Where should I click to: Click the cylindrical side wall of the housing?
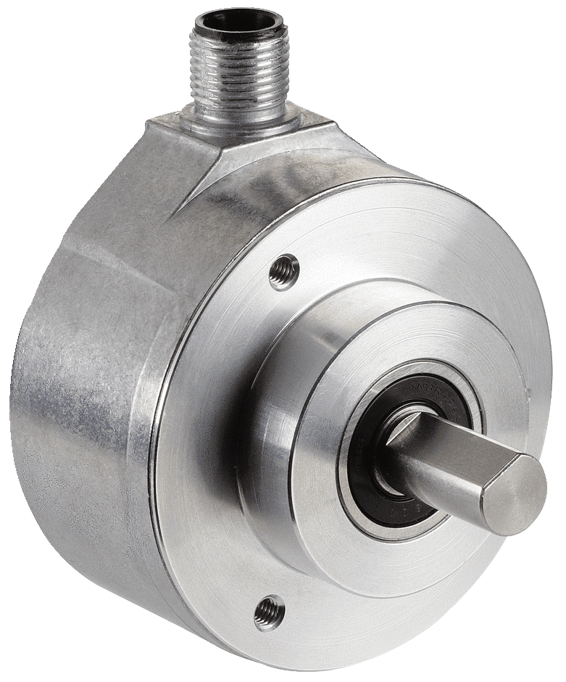coord(80,406)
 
